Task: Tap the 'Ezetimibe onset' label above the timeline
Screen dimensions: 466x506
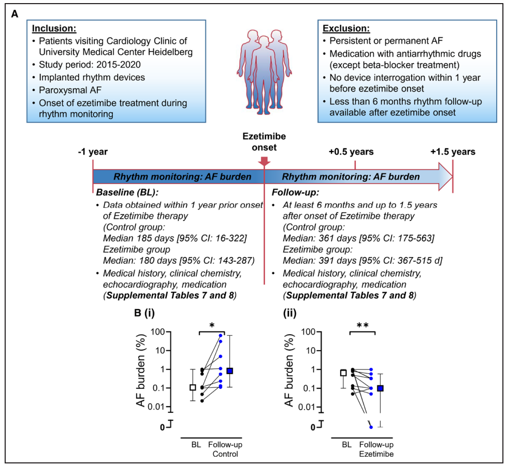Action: coord(265,142)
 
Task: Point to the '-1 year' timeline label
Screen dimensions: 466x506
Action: coord(92,152)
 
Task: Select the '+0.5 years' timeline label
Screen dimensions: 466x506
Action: coord(351,152)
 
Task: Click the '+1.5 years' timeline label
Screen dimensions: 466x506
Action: coord(452,152)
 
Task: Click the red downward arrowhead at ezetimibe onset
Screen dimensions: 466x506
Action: coord(265,162)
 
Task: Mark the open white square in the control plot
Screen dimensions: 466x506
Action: coord(193,387)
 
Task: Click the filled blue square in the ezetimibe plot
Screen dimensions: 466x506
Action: coord(381,388)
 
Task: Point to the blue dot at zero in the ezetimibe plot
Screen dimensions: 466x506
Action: coord(371,426)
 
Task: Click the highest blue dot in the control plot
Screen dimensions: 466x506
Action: coord(221,336)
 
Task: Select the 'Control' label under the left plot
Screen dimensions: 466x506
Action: coord(225,454)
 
